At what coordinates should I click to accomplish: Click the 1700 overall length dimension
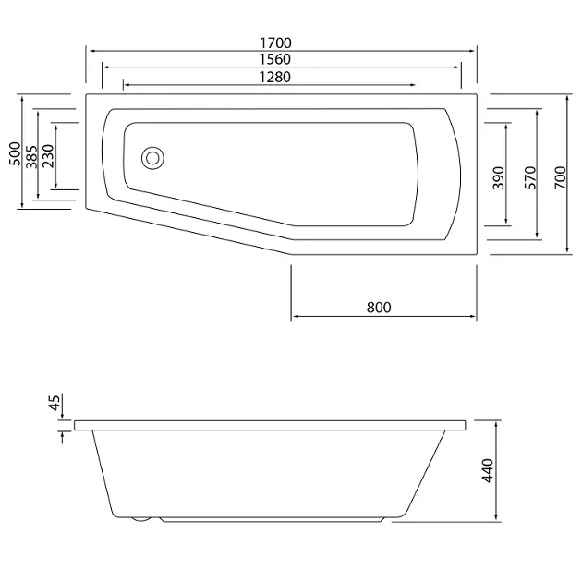(x=275, y=43)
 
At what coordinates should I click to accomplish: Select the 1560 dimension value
(x=274, y=59)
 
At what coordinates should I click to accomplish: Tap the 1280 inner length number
(x=274, y=77)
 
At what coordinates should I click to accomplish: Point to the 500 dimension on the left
(x=15, y=153)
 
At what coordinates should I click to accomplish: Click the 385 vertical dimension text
(x=31, y=157)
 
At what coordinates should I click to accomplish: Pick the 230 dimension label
(x=48, y=156)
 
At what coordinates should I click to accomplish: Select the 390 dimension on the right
(x=499, y=178)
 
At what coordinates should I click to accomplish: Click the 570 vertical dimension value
(x=530, y=178)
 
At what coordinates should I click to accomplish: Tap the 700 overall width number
(x=561, y=177)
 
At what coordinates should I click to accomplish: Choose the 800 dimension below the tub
(x=379, y=308)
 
